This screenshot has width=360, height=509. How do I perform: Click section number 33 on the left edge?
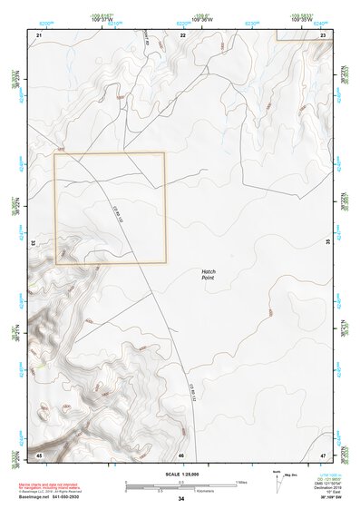(34, 243)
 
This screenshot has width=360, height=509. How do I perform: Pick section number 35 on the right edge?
(328, 241)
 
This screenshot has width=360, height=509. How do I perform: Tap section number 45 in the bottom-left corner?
(40, 454)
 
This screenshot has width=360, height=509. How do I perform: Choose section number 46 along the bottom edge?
(181, 454)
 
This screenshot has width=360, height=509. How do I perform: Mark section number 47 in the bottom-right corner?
(324, 454)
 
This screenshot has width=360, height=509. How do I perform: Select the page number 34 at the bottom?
(181, 499)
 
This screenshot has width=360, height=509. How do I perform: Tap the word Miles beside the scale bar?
(242, 481)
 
